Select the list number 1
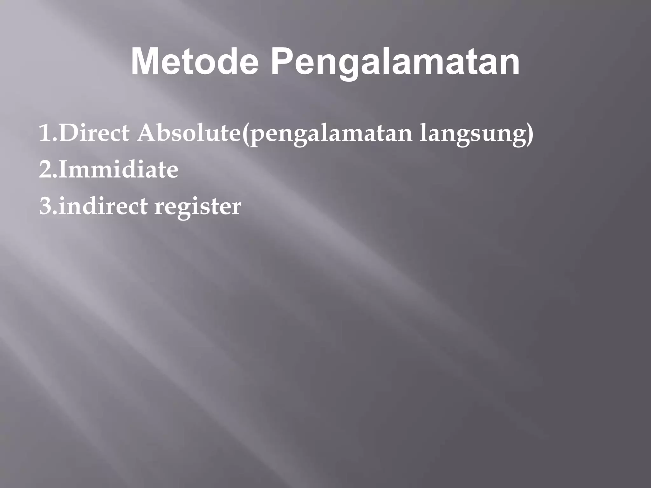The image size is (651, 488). pyautogui.click(x=45, y=133)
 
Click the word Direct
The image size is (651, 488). pyautogui.click(x=94, y=133)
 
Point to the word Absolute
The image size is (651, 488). pyautogui.click(x=189, y=133)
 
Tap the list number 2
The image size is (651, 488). pyautogui.click(x=46, y=170)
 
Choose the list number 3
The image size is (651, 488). pyautogui.click(x=46, y=206)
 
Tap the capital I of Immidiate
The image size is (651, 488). pyautogui.click(x=63, y=170)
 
